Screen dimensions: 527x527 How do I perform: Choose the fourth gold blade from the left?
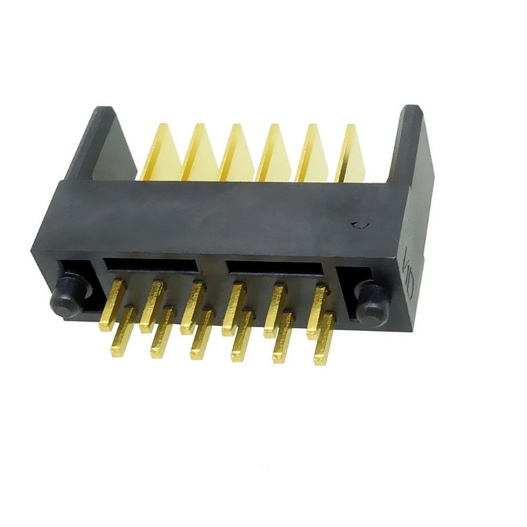coord(274,155)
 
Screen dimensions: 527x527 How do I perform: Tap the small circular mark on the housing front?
coord(360,226)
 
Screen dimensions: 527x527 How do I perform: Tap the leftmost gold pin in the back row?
coord(116,295)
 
